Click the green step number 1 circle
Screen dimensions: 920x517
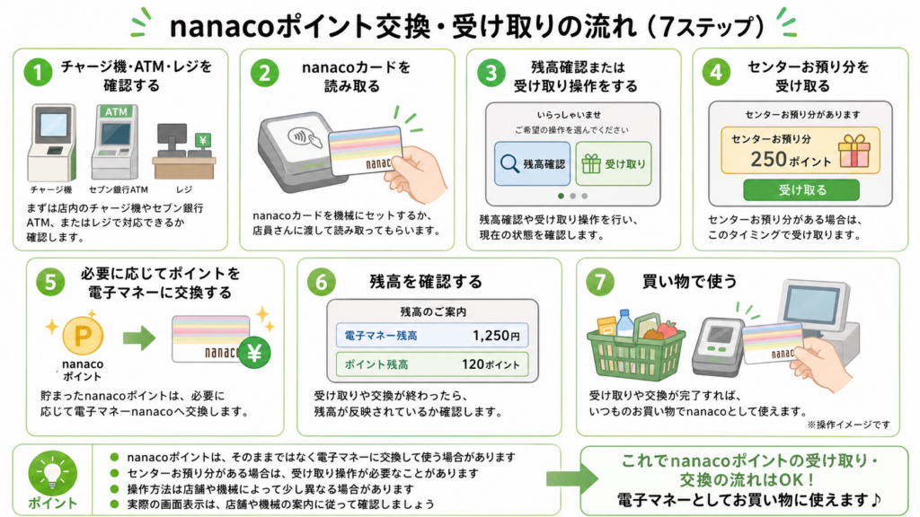coord(38,73)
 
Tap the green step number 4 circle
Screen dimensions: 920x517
coord(716,73)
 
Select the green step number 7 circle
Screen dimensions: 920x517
coord(599,283)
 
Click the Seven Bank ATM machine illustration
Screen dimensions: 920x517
coord(115,143)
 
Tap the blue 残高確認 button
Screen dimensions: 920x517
coord(532,163)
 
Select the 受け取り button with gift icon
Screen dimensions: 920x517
coord(613,163)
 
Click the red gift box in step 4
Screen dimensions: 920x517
coord(854,151)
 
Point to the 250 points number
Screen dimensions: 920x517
coord(769,159)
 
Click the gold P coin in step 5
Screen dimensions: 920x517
coord(83,336)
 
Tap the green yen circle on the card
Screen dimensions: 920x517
coord(254,353)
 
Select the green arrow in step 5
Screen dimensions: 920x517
coord(139,337)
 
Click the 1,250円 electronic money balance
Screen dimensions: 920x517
coord(496,336)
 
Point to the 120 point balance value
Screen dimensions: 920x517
coord(491,364)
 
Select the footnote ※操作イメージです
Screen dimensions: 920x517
coord(848,425)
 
